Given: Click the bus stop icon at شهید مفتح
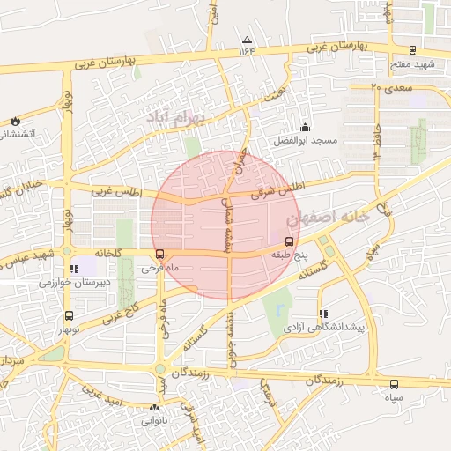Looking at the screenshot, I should coord(414,50).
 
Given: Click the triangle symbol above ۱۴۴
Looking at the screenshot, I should coord(247,40).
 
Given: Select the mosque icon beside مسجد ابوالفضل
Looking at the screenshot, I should coord(305,127).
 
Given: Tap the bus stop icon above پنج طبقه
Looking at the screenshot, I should coord(288,240).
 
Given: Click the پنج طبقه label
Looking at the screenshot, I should coord(288,255).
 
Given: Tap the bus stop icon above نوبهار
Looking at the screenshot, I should coord(69,315).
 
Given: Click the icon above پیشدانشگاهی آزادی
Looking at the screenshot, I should coord(322,313).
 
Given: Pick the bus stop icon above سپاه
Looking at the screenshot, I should coord(393,384).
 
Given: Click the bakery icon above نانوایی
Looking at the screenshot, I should coord(156,408).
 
